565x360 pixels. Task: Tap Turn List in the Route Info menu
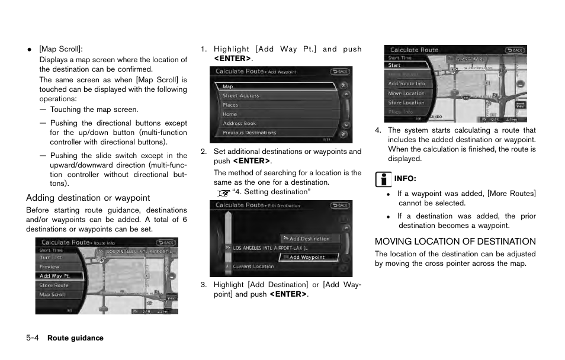(x=51, y=258)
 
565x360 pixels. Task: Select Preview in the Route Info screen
(x=50, y=267)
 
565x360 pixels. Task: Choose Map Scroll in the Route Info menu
(x=53, y=294)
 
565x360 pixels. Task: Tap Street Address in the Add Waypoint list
(x=241, y=96)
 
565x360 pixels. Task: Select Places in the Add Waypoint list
(x=231, y=105)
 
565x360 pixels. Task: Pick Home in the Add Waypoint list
(x=230, y=114)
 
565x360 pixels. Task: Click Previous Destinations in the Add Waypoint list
(x=249, y=133)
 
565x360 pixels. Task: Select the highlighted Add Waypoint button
(x=307, y=258)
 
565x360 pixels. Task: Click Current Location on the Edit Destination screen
(x=253, y=266)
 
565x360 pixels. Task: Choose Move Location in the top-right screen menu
(x=406, y=93)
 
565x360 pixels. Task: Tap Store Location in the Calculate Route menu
(x=406, y=102)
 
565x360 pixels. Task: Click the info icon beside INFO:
(x=383, y=179)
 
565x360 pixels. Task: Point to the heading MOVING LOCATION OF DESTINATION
(x=455, y=242)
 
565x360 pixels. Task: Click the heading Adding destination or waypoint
(x=88, y=198)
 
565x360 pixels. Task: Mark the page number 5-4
(x=32, y=338)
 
